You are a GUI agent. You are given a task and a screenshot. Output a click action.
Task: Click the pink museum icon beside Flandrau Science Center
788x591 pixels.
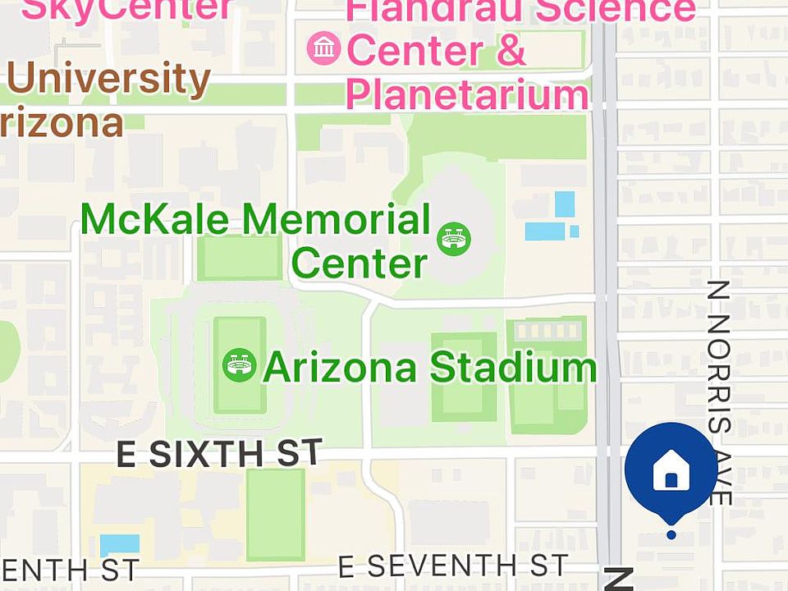click(324, 48)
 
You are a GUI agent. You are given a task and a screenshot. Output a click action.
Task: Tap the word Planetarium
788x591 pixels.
click(467, 94)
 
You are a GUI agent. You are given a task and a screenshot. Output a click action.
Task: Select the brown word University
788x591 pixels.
click(108, 80)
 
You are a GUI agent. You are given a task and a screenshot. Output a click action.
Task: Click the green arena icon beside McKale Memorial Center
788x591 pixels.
click(454, 239)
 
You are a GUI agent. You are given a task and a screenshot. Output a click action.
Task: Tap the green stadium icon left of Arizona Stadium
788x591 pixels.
click(239, 364)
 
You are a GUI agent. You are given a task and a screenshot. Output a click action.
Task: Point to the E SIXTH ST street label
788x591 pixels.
click(218, 453)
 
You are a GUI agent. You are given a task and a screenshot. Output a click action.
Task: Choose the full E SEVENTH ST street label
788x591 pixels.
click(453, 566)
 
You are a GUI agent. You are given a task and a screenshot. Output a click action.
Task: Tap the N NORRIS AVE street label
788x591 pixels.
click(719, 392)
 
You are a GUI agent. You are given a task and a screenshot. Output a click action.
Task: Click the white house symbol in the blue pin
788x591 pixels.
click(671, 472)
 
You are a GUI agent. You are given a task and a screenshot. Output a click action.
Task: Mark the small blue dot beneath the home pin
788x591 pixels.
click(671, 534)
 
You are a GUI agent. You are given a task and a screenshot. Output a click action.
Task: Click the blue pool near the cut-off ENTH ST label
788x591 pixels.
click(120, 544)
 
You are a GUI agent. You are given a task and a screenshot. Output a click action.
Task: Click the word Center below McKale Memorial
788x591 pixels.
click(360, 264)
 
